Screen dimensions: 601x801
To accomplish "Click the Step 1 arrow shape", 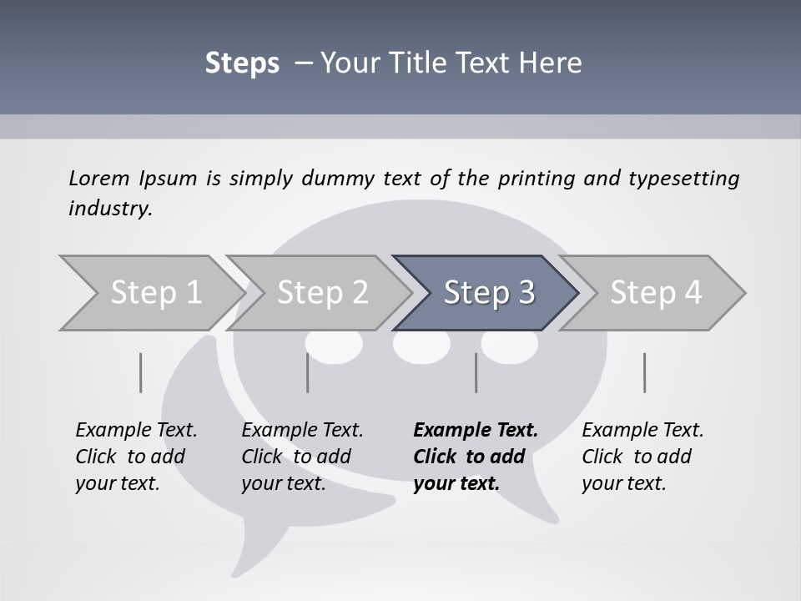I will [x=150, y=293].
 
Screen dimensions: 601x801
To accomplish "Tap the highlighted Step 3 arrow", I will [x=488, y=293].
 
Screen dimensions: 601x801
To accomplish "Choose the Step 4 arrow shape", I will [x=655, y=293].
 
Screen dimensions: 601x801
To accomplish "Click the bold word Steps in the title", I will [x=242, y=63].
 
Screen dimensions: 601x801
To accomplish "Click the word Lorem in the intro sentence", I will [x=98, y=179].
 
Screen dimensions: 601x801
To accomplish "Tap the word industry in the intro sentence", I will [x=110, y=209].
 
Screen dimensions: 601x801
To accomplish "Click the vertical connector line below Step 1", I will [x=141, y=372].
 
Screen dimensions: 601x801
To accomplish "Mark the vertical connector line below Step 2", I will [x=308, y=372].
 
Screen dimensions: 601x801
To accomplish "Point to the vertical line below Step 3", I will [x=476, y=372].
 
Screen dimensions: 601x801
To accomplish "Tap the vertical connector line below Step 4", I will [x=645, y=372].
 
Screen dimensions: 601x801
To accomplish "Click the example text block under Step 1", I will [x=136, y=457].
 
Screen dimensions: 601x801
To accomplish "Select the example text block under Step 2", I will [x=302, y=457].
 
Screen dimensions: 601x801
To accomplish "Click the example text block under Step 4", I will [x=642, y=457].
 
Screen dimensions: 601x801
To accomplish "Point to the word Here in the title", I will [x=554, y=63].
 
